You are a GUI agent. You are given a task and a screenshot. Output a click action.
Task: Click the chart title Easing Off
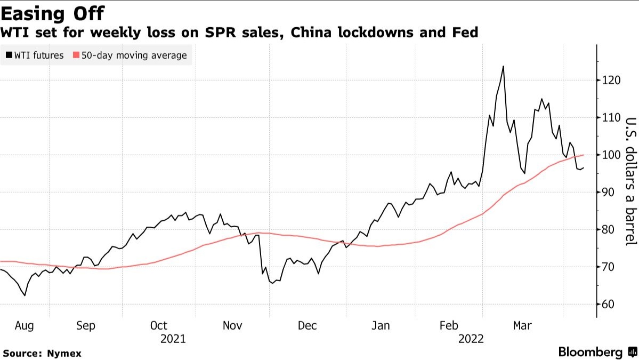52,13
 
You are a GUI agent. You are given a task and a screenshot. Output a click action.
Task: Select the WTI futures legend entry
35,55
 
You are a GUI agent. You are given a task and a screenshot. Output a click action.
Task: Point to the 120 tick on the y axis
609,81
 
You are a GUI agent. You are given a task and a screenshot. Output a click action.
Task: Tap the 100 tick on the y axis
609,155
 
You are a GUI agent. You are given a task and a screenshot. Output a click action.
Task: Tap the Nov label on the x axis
232,326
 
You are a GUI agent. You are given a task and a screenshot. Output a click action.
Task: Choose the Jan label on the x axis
381,326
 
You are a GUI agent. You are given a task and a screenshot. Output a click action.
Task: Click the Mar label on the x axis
522,326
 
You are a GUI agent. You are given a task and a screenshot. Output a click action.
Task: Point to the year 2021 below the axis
173,339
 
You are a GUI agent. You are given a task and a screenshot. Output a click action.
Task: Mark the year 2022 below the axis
470,339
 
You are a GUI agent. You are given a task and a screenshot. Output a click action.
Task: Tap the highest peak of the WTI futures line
503,67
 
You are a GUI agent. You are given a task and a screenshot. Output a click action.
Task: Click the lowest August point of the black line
25,295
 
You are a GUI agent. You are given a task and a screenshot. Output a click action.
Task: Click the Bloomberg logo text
590,352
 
